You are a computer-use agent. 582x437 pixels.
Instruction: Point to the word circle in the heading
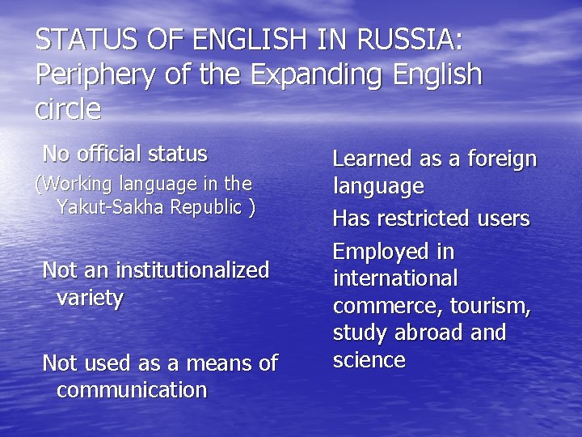tap(69, 108)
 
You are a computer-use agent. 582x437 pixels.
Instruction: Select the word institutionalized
tap(192, 270)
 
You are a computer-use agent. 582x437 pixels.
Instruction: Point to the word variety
tap(90, 298)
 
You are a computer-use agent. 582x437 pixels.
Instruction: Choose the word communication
tap(132, 390)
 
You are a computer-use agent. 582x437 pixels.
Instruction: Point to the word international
tap(395, 278)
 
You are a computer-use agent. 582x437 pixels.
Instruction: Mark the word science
tap(369, 360)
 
